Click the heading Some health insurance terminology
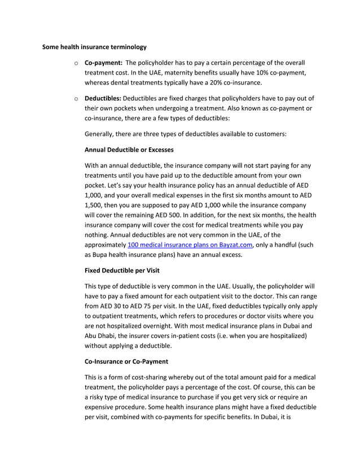[x=94, y=46]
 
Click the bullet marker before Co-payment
[x=76, y=63]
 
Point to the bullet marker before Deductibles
[x=76, y=99]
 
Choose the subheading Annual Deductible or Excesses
[x=129, y=150]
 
